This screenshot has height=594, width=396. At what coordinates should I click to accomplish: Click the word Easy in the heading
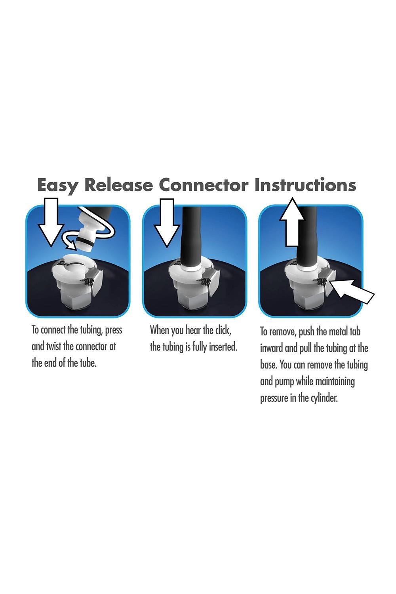coord(58,185)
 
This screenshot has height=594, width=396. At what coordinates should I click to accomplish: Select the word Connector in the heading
coord(204,185)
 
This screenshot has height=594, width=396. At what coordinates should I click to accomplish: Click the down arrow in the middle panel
coord(167,223)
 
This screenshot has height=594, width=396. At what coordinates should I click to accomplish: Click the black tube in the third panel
coord(307,237)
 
